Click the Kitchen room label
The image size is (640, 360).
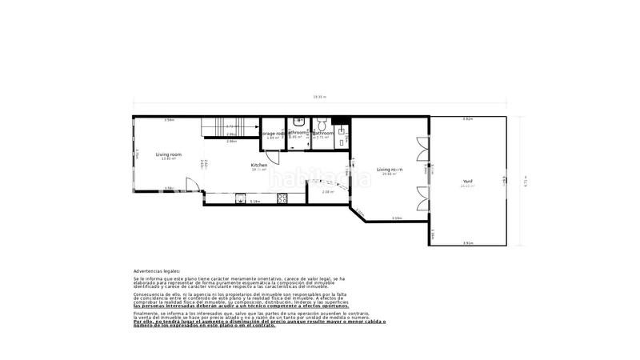259,166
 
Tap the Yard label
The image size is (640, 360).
467,182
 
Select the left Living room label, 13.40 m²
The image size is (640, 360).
168,155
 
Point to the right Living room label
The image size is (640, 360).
390,170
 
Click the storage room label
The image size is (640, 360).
274,134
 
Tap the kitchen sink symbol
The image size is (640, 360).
239,200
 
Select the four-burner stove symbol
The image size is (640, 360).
282,199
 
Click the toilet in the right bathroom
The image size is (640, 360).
319,123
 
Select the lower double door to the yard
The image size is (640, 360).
422,195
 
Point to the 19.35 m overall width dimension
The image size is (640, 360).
319,97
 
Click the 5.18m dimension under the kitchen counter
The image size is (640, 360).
256,201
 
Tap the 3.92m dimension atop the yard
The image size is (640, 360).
467,119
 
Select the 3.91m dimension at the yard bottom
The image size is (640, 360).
467,242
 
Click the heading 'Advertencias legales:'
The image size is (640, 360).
157,271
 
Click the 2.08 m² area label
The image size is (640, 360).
327,192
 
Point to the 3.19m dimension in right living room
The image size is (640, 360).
396,218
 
